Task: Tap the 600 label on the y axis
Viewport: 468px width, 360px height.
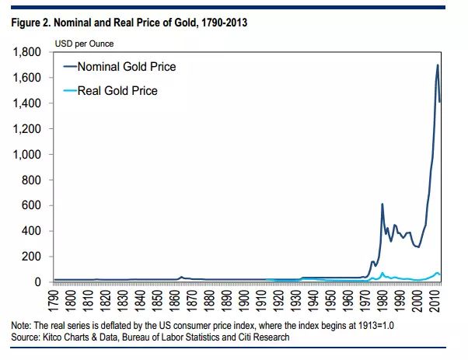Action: tap(34, 206)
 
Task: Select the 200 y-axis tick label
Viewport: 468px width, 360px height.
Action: tap(34, 257)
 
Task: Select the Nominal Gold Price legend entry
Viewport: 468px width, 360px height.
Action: tap(127, 67)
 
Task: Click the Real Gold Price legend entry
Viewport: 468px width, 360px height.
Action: tap(117, 91)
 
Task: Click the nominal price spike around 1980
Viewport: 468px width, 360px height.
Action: tap(382, 204)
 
